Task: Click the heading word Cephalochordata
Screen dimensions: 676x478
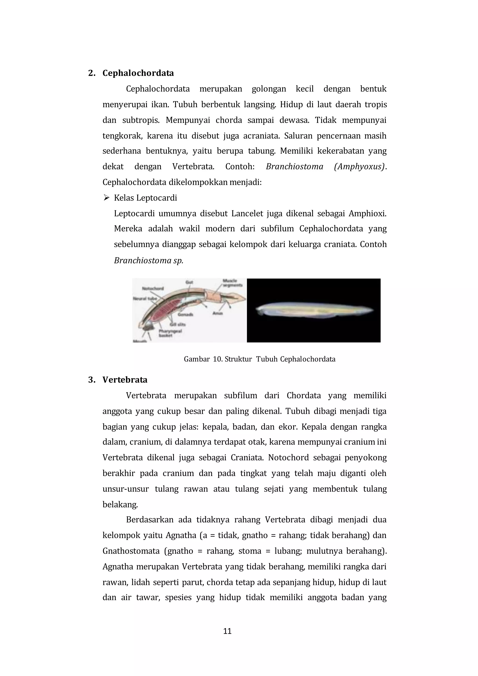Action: point(138,73)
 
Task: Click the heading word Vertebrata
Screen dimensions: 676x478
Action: point(125,380)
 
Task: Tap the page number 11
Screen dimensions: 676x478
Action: point(227,631)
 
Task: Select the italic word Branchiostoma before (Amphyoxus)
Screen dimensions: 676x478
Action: point(294,167)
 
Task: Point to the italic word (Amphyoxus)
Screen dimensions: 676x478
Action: point(359,167)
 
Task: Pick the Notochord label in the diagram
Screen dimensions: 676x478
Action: point(153,289)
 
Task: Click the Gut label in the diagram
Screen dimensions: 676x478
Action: point(189,282)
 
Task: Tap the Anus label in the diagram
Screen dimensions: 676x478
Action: point(218,313)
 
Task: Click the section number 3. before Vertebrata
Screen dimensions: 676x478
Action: point(91,380)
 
